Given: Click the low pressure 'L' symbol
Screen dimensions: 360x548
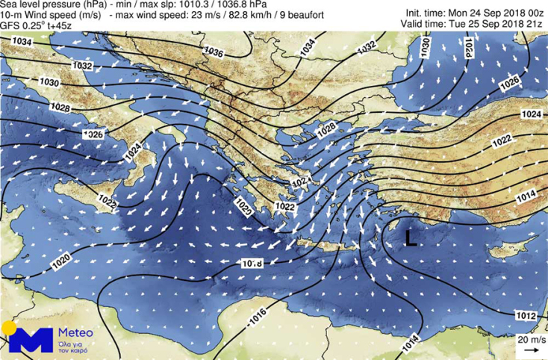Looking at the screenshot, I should click(410, 238).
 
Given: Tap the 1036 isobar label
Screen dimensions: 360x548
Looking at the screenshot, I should click(214, 52).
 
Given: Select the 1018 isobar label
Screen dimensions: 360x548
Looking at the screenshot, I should click(252, 263).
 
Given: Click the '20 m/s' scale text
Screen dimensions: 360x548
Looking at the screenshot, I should click(531, 338).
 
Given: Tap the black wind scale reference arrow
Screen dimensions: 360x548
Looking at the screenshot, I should click(531, 349).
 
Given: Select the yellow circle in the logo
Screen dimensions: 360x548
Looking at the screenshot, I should click(8, 328).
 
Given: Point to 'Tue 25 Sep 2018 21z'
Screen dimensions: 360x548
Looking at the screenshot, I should click(495, 23).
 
